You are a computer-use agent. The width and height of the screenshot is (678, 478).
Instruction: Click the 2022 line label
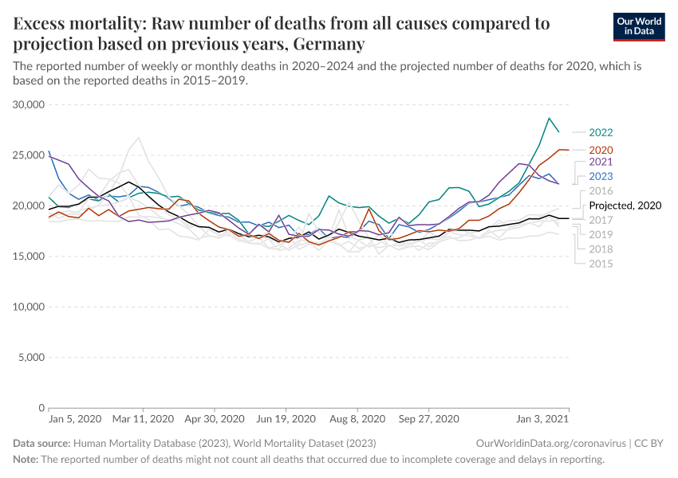pos(601,133)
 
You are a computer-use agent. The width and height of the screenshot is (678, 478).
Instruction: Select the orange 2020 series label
pos(601,150)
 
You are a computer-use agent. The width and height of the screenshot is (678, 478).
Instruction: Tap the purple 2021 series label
pos(601,162)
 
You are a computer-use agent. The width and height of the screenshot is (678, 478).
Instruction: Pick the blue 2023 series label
pos(601,176)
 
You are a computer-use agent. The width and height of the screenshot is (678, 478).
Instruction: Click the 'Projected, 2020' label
pos(625,206)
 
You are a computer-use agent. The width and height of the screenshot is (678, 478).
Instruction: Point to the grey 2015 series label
pos(601,263)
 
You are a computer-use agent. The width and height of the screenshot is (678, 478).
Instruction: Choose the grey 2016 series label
pos(601,191)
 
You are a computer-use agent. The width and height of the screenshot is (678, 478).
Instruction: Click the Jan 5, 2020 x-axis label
pos(75,418)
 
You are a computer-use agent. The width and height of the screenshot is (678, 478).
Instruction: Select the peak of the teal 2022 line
pos(549,118)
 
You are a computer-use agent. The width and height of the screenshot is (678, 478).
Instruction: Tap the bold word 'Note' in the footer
pos(25,460)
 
